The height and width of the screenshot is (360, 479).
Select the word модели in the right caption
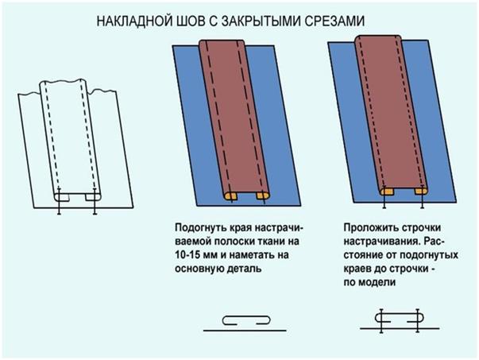377,282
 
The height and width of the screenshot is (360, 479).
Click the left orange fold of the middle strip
230,195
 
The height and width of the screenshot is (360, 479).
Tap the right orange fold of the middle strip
262,195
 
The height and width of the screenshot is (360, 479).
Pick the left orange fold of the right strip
387,192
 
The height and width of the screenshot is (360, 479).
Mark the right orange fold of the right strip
421,192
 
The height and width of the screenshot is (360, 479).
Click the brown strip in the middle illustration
234,118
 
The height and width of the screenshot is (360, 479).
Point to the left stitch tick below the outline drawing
59,202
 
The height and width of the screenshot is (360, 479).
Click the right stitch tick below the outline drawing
95,202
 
